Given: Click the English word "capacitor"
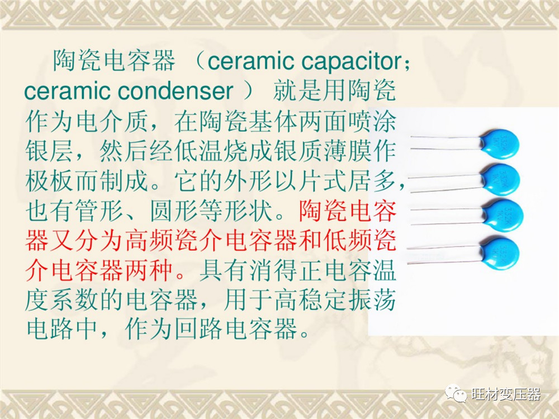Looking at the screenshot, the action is [351, 61].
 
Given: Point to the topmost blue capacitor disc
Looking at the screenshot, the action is [499, 144].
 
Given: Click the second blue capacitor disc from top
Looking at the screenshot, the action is [500, 179].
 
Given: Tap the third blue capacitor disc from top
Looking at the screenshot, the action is [503, 215].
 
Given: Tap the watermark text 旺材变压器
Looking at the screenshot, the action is [506, 394].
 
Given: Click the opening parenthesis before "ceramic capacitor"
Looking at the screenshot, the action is [197, 61].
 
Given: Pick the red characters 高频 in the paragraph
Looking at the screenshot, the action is [149, 240].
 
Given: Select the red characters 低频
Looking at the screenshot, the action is [348, 240].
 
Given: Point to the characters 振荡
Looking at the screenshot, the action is [372, 299].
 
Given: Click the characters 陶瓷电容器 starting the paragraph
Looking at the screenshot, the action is [114, 60].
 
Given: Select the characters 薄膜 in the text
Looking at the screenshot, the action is [348, 151].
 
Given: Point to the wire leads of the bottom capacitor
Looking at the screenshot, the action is [444, 254].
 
